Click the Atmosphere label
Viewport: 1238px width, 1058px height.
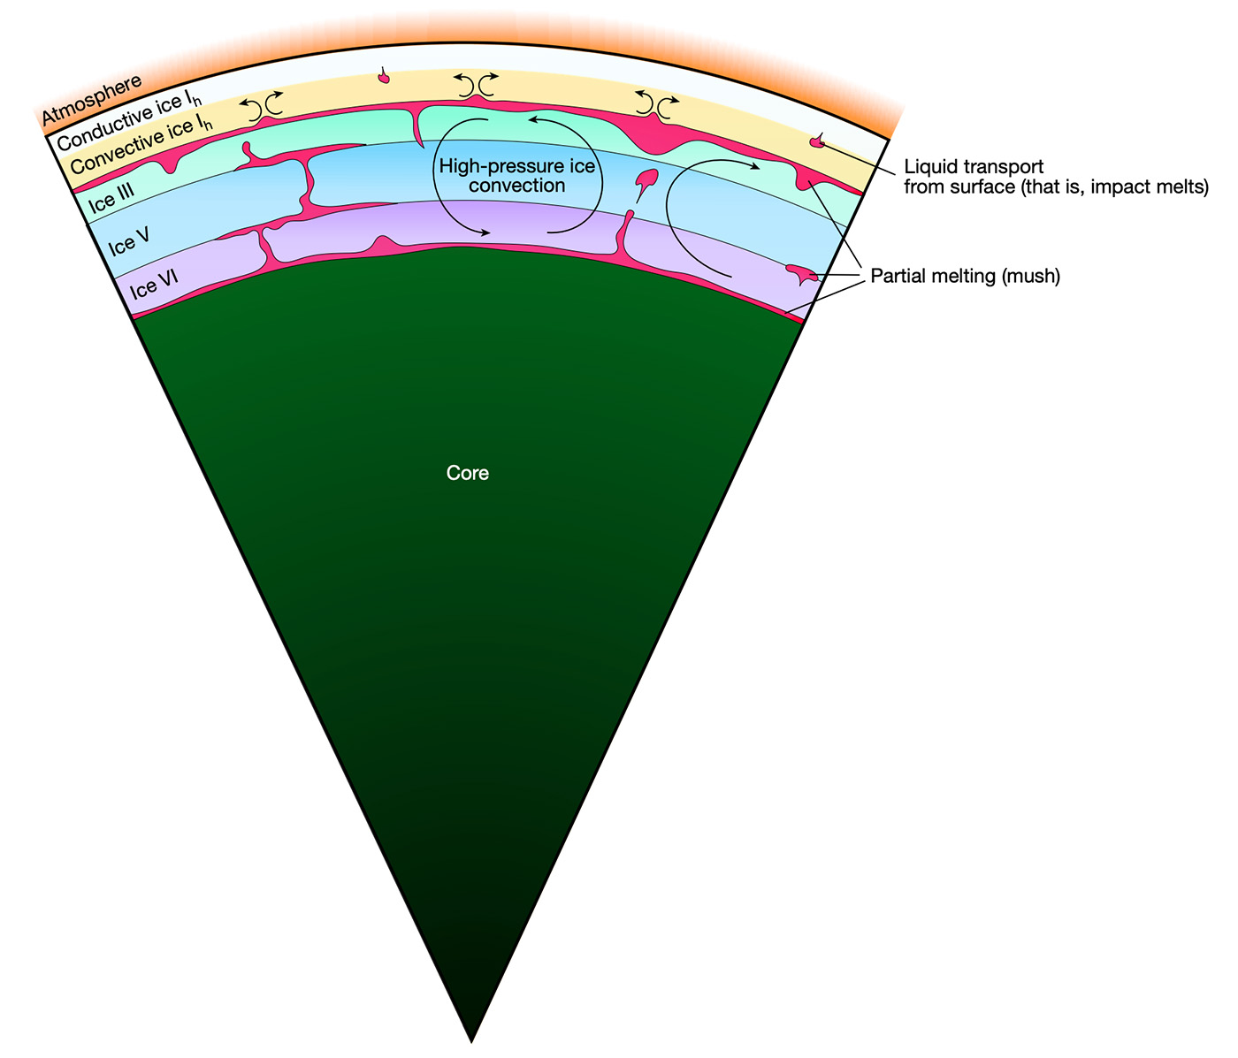[x=92, y=100]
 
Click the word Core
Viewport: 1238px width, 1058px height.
[x=468, y=473]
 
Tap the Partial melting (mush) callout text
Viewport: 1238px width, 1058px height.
[x=965, y=276]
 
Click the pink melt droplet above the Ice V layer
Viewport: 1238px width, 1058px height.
[x=646, y=180]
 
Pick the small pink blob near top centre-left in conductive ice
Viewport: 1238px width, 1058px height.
[x=384, y=78]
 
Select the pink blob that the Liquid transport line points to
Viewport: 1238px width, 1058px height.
[x=818, y=141]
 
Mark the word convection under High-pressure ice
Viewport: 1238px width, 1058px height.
[x=517, y=186]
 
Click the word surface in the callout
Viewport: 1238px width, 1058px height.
[x=978, y=186]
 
